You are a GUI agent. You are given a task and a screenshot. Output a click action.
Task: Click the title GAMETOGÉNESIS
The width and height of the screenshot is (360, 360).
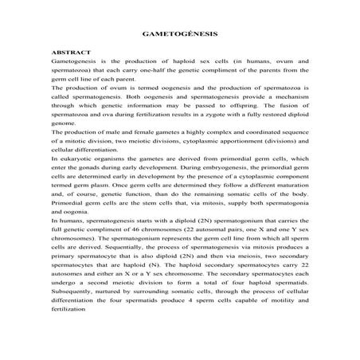pyautogui.click(x=180, y=36)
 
